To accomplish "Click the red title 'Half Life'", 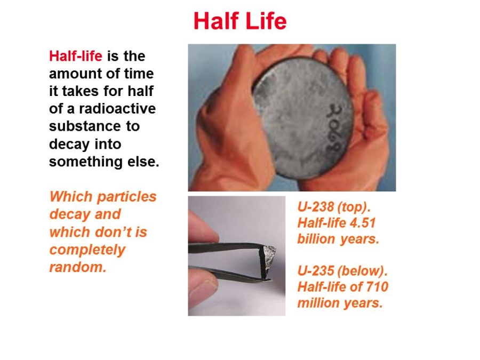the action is click(240, 21).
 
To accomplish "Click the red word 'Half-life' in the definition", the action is click(76, 56).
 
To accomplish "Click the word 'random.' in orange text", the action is click(78, 267).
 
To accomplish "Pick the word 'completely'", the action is click(87, 251).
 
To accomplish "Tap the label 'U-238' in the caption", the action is click(316, 207).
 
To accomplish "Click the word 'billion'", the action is click(316, 239).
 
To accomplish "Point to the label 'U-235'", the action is click(316, 271).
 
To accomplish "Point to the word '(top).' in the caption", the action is click(354, 208).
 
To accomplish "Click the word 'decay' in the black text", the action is click(69, 145).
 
